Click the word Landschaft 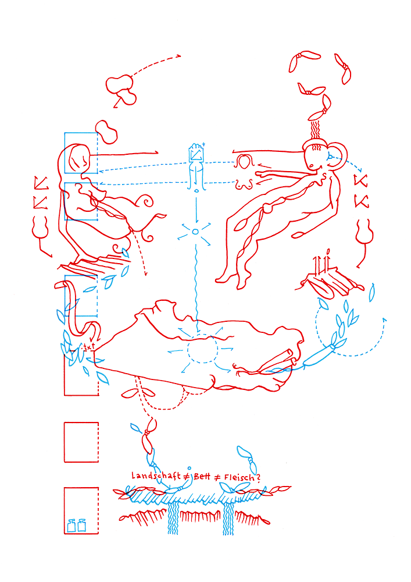tap(156, 476)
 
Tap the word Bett tap(202, 476)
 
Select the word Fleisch tap(240, 477)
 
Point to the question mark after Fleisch tap(258, 478)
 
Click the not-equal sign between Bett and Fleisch tap(217, 477)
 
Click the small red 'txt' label tap(89, 347)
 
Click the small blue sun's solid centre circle tap(195, 232)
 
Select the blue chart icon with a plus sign tap(196, 152)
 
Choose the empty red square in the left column tap(81, 442)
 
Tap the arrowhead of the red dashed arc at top tap(178, 56)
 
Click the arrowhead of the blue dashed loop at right tap(384, 320)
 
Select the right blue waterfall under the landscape tap(228, 518)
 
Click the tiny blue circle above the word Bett tap(189, 469)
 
